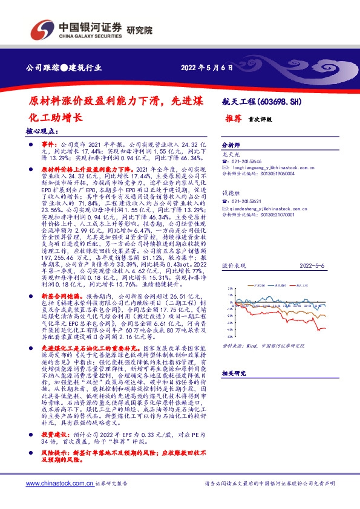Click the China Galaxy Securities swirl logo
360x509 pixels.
click(42, 29)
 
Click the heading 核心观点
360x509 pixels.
click(42, 131)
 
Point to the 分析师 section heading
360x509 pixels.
click(232, 146)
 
